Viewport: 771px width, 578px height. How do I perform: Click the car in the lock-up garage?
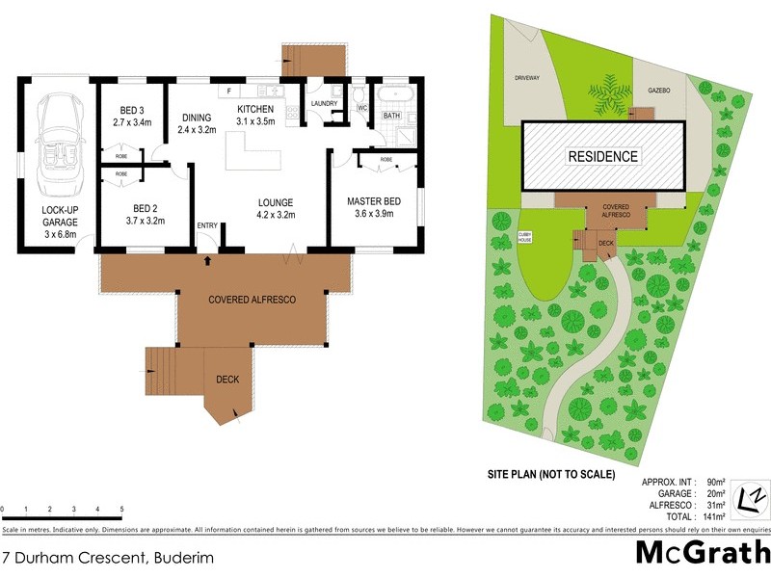53,135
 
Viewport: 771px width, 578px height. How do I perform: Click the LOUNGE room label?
275,209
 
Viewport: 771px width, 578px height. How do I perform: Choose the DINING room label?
196,124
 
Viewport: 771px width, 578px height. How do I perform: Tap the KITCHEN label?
256,115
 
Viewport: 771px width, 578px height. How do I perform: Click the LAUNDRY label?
323,104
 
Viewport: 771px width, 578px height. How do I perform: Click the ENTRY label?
207,225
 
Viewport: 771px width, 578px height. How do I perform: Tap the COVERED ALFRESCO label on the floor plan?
252,300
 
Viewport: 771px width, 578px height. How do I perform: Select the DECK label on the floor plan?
227,380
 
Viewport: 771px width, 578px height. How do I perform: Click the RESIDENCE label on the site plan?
602,156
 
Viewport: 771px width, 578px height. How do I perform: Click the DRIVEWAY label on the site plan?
526,76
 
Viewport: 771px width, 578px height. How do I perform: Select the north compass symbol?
751,497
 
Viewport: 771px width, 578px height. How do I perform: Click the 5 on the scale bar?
121,509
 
